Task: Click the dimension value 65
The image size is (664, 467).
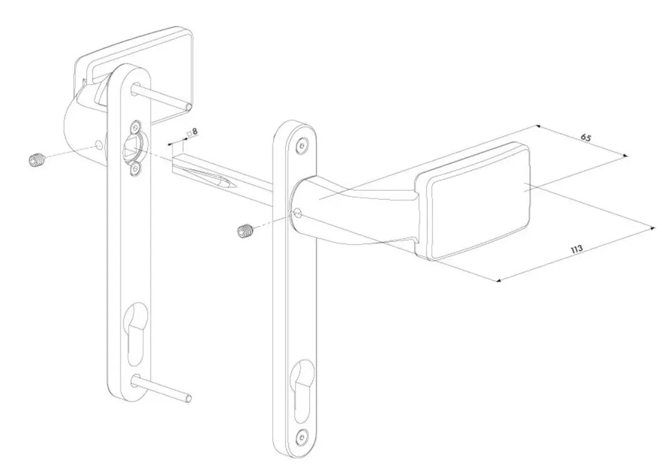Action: pyautogui.click(x=586, y=138)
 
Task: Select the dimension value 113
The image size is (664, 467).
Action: pyautogui.click(x=576, y=248)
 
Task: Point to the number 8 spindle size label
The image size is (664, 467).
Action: pyautogui.click(x=195, y=132)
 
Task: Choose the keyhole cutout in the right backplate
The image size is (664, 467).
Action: pyautogui.click(x=301, y=392)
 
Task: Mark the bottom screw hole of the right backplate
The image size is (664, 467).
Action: pyautogui.click(x=299, y=437)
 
